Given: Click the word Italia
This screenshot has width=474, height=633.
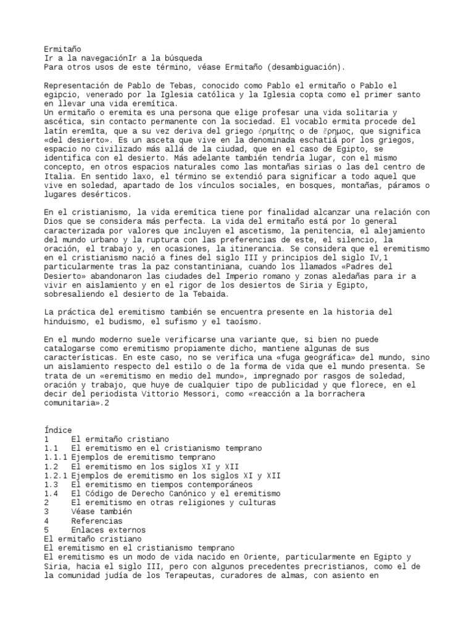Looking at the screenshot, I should [59, 177].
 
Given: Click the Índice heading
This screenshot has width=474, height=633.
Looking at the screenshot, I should [59, 430].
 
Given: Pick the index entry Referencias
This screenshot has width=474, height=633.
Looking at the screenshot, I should [97, 521].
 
